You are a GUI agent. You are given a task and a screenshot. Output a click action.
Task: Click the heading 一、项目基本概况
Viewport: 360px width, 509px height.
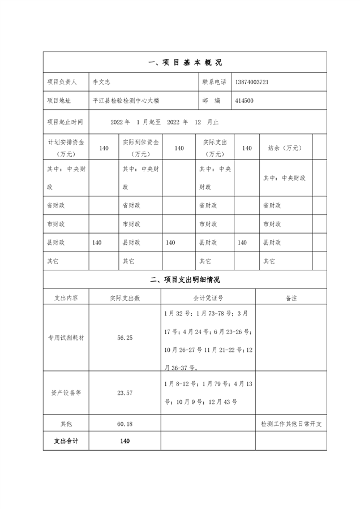point(185,63)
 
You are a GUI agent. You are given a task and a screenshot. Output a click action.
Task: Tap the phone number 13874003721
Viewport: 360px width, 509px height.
point(251,82)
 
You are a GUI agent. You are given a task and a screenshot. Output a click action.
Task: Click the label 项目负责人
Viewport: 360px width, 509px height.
point(62,82)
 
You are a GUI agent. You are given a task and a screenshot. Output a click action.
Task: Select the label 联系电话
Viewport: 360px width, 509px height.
point(214,82)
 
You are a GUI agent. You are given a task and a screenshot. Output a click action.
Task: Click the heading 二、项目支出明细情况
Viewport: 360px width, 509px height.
point(185,279)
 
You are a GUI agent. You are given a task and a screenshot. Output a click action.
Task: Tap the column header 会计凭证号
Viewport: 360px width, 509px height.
point(208,297)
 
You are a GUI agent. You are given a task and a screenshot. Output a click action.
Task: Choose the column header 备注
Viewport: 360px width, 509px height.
point(291,297)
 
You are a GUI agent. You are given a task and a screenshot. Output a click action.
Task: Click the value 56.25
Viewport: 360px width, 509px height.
point(125,337)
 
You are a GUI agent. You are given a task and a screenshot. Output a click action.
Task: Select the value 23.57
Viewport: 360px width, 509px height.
point(125,392)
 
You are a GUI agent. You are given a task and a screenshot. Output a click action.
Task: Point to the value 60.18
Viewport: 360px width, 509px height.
point(125,424)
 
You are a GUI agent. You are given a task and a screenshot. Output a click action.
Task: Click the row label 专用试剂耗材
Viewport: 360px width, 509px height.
point(66,337)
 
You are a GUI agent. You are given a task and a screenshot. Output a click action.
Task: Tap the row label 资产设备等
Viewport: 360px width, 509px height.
point(66,392)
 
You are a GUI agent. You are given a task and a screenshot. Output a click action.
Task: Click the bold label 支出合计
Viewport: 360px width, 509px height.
point(66,441)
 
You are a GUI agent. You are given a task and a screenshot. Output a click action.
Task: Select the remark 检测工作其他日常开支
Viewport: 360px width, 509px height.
point(291,424)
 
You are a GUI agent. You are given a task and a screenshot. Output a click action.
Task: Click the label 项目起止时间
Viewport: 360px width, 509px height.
point(65,122)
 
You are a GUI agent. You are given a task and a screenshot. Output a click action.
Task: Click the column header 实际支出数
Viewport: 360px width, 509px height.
point(125,297)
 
